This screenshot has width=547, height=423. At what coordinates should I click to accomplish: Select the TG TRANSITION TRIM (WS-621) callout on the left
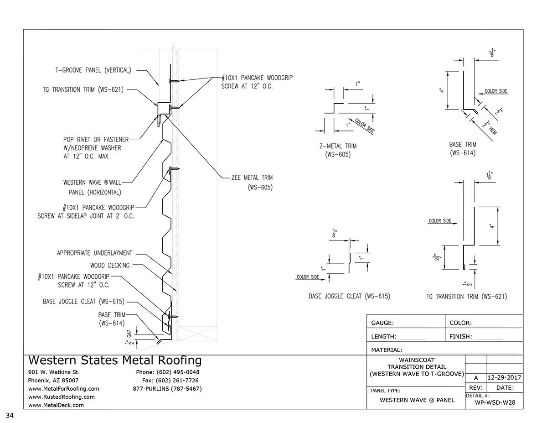82,90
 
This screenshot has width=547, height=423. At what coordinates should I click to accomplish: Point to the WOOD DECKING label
109,265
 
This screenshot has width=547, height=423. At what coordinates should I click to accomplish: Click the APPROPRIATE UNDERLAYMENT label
95,253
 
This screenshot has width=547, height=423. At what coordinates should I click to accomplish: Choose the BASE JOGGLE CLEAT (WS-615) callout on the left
83,301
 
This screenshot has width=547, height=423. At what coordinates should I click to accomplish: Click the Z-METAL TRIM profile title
338,146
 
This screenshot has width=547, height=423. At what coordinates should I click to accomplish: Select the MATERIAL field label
387,350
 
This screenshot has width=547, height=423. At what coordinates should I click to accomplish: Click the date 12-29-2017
504,378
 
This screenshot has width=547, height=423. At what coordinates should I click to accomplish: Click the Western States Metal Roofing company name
114,360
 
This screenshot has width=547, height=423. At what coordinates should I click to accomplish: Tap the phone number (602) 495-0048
167,372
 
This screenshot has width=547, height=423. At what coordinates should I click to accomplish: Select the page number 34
10,415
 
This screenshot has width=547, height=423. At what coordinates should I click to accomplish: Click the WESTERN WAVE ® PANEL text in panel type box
417,400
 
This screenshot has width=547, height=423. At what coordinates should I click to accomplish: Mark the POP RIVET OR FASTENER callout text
96,139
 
